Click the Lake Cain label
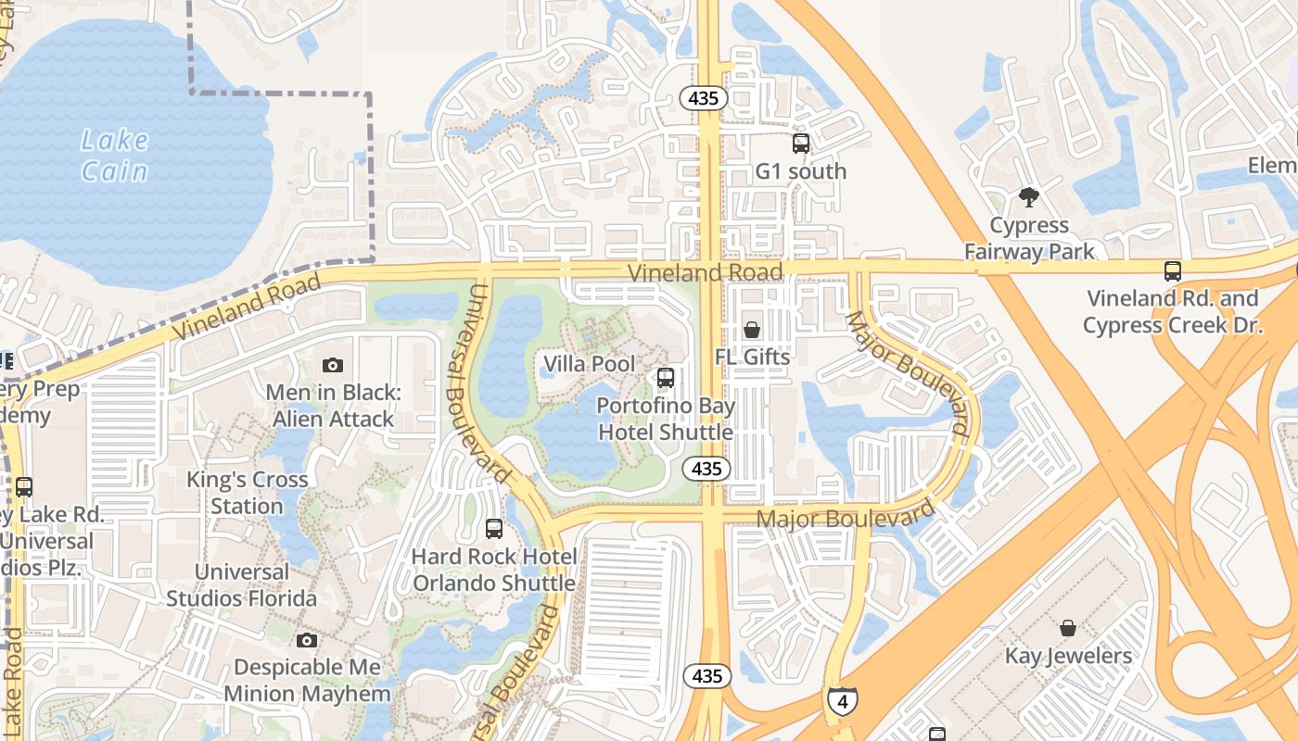[114, 156]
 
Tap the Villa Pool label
[590, 364]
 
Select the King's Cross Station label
[247, 493]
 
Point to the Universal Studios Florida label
[242, 584]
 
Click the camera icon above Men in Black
[333, 366]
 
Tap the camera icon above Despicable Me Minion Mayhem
[307, 641]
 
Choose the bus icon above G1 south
[801, 144]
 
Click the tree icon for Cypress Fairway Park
[1028, 196]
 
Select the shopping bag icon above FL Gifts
[752, 331]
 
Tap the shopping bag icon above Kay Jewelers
[1068, 629]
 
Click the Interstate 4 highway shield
[842, 701]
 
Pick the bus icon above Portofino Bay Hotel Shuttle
[666, 378]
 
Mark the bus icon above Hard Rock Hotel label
[494, 529]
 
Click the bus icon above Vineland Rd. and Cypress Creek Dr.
[1173, 271]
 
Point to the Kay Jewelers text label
[1068, 657]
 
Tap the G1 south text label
[801, 171]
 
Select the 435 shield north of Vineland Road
[704, 98]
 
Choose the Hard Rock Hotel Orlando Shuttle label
[494, 570]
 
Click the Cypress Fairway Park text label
[1029, 238]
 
